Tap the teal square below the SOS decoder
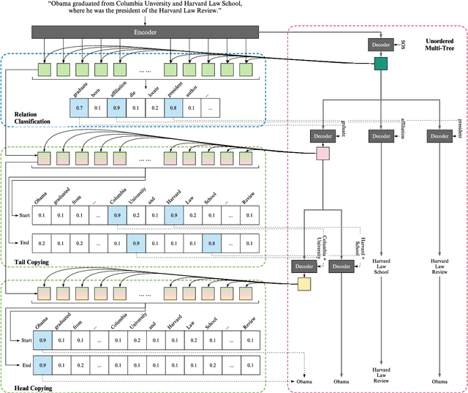(380, 64)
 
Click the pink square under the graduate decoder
(322, 153)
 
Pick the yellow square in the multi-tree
(303, 285)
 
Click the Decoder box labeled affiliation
(381, 136)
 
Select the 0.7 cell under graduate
(79, 108)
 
